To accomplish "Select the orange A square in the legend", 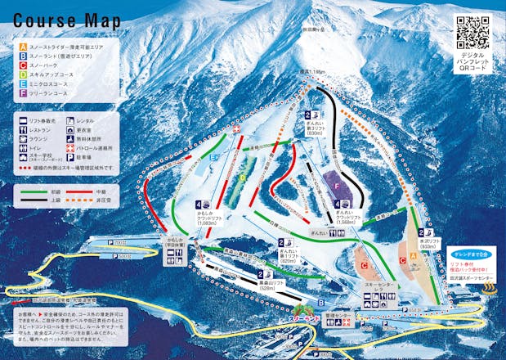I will pos(23,47).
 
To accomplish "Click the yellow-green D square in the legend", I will pos(23,75).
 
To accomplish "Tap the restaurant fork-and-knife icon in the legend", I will pos(23,130).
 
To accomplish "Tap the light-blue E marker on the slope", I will pos(213,155).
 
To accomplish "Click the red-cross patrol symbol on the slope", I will pos(237,130).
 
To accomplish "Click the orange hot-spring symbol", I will pos(490,289).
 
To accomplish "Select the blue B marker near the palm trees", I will pos(321,299).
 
